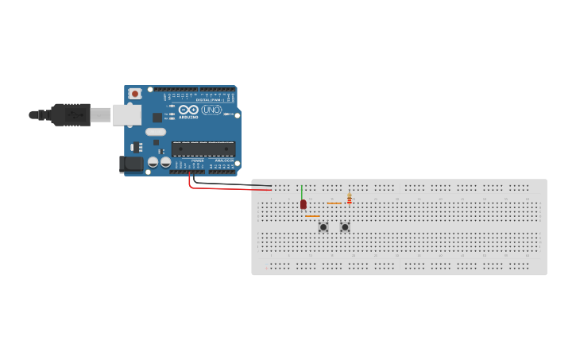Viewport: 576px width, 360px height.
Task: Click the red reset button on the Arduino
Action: (135, 94)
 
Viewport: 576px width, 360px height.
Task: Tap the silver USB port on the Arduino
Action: (126, 115)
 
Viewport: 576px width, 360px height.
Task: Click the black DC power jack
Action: (131, 165)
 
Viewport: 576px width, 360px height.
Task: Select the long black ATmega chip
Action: (203, 148)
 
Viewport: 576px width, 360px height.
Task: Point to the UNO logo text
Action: (211, 110)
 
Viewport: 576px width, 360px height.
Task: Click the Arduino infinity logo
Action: (188, 110)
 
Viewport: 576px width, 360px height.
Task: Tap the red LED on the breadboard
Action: (303, 204)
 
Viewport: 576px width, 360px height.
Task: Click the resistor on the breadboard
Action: (349, 199)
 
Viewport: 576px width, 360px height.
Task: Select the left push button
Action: (323, 227)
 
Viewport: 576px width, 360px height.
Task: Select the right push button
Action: (345, 227)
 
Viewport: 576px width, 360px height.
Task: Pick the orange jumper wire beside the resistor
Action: (334, 203)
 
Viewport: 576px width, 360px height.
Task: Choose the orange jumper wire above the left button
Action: (312, 216)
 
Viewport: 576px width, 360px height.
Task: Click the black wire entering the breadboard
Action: (238, 185)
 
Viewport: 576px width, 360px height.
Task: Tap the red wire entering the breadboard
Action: (238, 190)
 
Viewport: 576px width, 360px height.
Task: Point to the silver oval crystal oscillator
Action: (156, 132)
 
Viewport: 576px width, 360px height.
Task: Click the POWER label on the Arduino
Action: (198, 161)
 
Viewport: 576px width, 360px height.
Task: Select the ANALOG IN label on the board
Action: (223, 161)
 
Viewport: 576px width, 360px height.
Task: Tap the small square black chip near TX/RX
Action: (157, 117)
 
